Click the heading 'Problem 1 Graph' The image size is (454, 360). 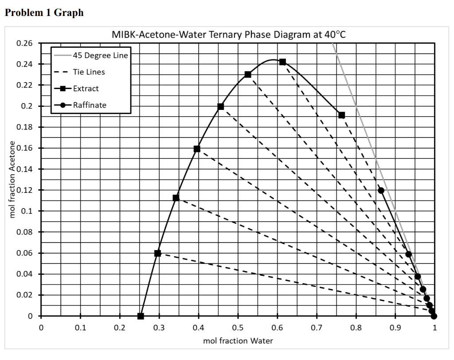click(44, 12)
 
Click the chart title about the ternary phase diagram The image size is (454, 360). click(228, 35)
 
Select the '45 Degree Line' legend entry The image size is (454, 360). click(100, 55)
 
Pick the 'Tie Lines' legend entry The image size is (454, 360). click(89, 72)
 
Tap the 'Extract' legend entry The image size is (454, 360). click(86, 88)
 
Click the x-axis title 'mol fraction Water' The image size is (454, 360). click(238, 341)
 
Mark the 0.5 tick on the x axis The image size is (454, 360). click(238, 328)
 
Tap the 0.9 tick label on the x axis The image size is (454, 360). click(395, 328)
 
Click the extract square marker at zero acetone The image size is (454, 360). click(141, 316)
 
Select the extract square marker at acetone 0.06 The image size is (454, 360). click(157, 253)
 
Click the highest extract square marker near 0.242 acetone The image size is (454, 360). click(282, 62)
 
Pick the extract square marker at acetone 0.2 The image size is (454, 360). click(221, 106)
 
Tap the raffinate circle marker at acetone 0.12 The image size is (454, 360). click(381, 191)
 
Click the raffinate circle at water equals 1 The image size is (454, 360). click(434, 316)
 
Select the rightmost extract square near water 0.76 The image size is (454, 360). click(341, 115)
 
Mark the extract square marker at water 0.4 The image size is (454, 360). click(197, 149)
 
